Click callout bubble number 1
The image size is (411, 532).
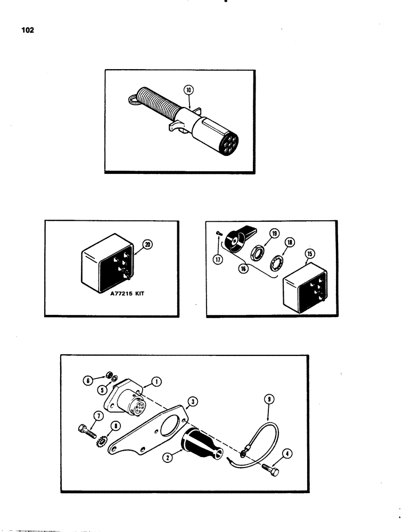[x=156, y=380]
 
